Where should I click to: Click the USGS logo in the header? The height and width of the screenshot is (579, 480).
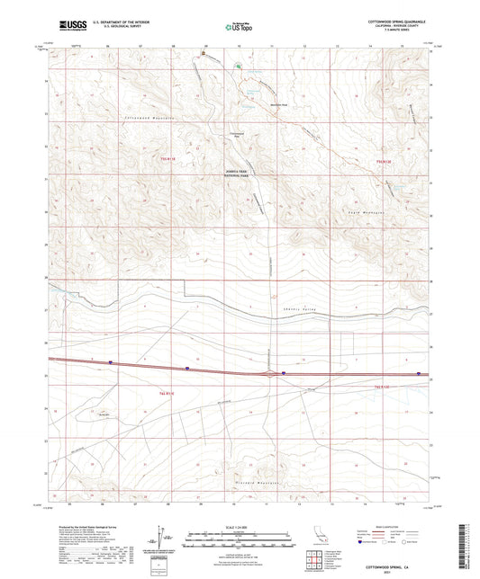[x=64, y=28]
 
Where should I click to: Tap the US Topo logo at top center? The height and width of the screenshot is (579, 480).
[x=239, y=28]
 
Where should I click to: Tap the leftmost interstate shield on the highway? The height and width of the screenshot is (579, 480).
[x=112, y=362]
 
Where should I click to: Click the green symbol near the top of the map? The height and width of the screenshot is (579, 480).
[x=239, y=66]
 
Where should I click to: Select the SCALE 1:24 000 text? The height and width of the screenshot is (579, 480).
[x=240, y=526]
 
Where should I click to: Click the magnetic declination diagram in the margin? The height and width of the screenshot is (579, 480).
[x=165, y=541]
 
